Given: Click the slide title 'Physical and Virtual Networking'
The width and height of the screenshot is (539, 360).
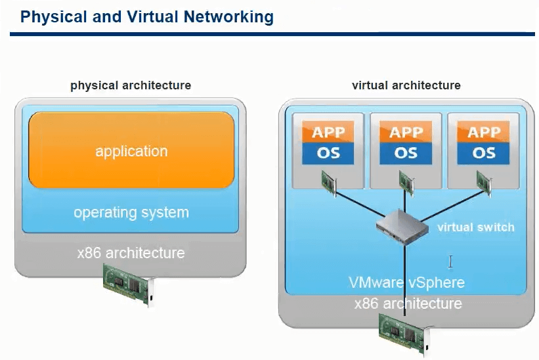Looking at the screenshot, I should tap(147, 17).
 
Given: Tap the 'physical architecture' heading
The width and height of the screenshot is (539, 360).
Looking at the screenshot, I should tap(131, 85).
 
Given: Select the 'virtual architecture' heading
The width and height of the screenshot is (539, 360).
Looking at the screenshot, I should tap(406, 85).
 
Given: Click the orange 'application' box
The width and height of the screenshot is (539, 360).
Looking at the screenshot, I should tap(131, 150).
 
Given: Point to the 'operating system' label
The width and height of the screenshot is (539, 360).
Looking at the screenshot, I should tap(131, 213).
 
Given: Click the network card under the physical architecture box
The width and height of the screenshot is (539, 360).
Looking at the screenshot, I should tap(130, 283).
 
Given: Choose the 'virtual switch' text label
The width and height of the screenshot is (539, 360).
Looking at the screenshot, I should tap(476, 227).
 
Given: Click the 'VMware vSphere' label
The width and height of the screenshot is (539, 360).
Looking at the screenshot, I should tap(406, 283).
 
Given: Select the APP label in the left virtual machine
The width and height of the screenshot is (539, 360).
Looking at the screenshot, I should tap(328, 131).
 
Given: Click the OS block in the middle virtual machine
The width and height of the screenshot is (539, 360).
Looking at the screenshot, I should tap(406, 153).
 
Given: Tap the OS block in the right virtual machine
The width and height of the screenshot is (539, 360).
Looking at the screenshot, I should tap(484, 153).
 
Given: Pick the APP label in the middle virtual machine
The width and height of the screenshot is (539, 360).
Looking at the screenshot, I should tap(406, 131).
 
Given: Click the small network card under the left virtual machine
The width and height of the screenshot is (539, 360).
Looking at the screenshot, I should tap(330, 182).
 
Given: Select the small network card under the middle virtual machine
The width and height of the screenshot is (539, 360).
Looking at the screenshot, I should tap(407, 182).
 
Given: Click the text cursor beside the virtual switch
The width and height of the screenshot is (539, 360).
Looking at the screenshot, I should tap(451, 262).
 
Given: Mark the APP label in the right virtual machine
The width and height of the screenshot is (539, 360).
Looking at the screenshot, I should tap(484, 131).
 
